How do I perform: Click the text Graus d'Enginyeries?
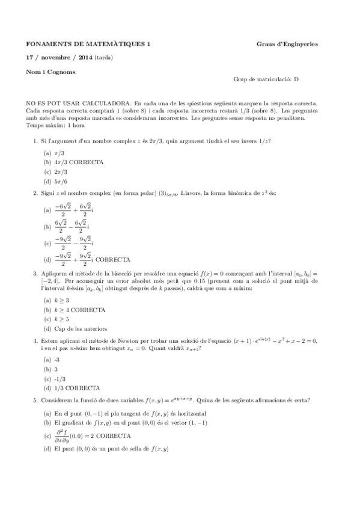click(x=287, y=44)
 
